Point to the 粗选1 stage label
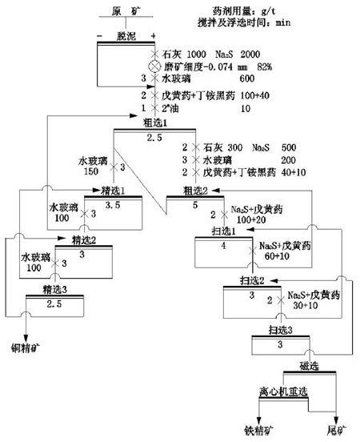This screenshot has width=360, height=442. click(x=153, y=125)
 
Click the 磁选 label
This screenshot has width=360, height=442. click(x=308, y=366)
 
